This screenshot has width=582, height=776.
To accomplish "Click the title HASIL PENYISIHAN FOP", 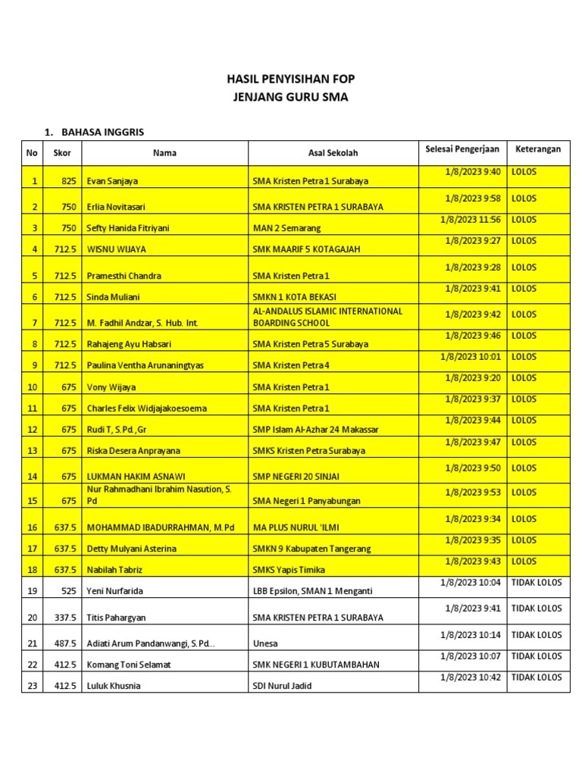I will [291, 79].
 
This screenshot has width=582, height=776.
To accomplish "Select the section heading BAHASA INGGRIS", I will [103, 132].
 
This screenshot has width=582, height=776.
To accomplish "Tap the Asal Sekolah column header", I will [333, 152].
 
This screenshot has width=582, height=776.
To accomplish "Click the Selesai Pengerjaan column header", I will [462, 149].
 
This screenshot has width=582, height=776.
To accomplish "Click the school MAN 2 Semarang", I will [286, 227].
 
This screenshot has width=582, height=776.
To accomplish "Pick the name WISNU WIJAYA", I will [117, 249].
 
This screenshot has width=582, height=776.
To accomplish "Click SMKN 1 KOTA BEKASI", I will [294, 297].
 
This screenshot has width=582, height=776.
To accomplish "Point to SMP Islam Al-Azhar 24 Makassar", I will [315, 430].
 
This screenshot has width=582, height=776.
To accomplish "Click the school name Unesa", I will [265, 644].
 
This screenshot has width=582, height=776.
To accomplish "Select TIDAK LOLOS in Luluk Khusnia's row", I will [537, 677].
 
